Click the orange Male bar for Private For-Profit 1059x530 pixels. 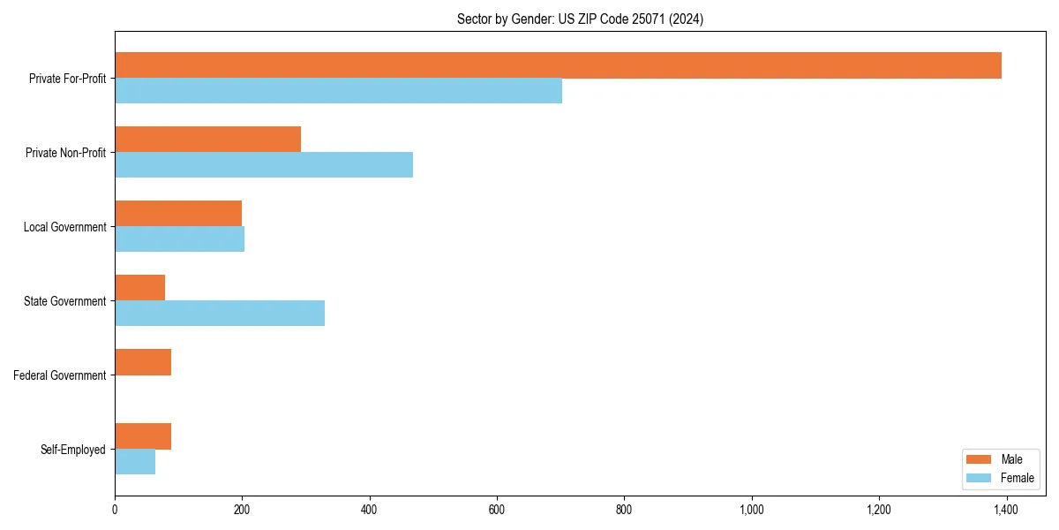click(x=558, y=65)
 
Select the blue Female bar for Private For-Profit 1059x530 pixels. click(x=338, y=91)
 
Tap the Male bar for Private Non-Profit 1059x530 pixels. click(x=207, y=140)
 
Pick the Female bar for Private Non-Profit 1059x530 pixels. click(x=264, y=165)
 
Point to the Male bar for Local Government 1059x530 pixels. click(x=178, y=214)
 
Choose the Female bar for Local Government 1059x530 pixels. click(x=179, y=239)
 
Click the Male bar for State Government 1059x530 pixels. click(x=139, y=288)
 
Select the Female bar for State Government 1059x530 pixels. click(x=220, y=314)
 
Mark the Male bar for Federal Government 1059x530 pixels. click(x=143, y=362)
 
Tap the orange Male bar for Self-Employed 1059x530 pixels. click(x=143, y=436)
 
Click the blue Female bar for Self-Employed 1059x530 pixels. click(x=135, y=462)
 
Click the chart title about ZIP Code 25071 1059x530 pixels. click(x=580, y=19)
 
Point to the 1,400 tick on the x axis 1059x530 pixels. click(x=1006, y=510)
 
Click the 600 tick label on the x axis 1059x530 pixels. click(x=497, y=510)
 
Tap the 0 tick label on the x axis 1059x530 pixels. click(x=115, y=510)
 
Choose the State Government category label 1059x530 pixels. click(x=64, y=301)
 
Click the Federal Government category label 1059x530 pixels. click(x=60, y=375)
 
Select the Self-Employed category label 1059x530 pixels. click(x=73, y=450)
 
